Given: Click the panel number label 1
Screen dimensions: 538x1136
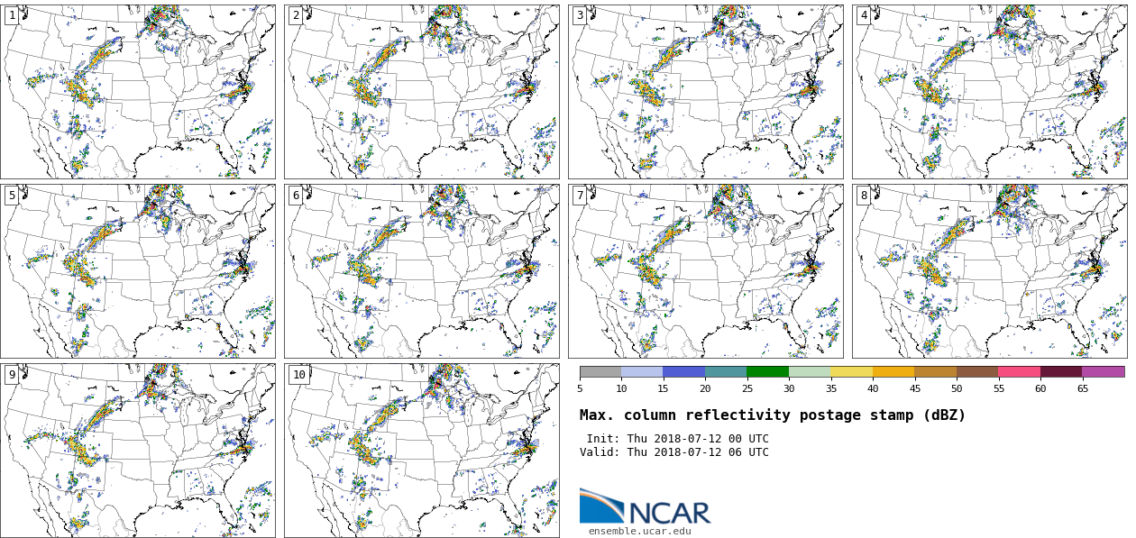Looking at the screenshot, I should (12, 15).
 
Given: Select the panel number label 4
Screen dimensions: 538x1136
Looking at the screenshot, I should (864, 15).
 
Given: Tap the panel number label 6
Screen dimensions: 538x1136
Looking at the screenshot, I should (296, 196).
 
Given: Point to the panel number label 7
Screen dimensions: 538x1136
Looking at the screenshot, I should (580, 196).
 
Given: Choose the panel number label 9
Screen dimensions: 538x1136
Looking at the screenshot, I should (12, 375).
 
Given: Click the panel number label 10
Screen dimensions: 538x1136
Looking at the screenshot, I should (298, 375).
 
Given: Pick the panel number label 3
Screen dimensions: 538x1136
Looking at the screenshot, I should (580, 15).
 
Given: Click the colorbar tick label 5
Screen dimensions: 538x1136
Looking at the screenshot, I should (580, 389).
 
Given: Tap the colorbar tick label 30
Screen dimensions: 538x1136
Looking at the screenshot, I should (789, 389).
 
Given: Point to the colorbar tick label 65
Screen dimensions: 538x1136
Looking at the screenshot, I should (1082, 389).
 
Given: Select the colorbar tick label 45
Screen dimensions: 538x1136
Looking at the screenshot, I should (914, 389).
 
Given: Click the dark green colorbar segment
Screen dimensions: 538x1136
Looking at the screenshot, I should (767, 371).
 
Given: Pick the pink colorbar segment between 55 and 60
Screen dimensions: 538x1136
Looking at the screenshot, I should (1019, 371).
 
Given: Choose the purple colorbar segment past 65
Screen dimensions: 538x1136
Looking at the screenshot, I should (1103, 371).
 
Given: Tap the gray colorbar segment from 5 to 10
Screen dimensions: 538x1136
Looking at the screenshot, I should (600, 371).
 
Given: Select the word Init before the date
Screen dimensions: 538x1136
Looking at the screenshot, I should (602, 439).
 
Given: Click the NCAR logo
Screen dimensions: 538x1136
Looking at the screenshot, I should (645, 508).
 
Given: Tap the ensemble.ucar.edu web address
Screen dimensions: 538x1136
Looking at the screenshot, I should (639, 532).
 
